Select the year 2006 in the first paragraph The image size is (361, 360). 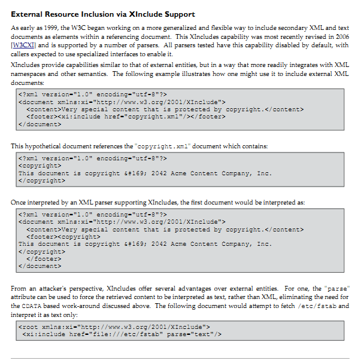pyautogui.click(x=343, y=36)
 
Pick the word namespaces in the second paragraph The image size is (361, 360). pyautogui.click(x=30, y=74)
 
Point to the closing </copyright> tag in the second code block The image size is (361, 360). pyautogui.click(x=42, y=180)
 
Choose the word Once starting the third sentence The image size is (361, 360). pyautogui.click(x=19, y=203)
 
